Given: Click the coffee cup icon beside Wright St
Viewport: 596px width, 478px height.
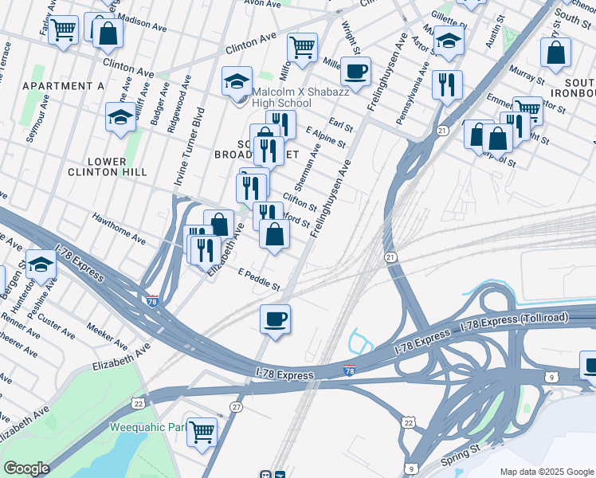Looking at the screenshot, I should (x=355, y=71).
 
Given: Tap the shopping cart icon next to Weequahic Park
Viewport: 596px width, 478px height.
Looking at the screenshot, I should (x=202, y=431).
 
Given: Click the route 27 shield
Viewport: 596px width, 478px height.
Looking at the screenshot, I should (x=236, y=407).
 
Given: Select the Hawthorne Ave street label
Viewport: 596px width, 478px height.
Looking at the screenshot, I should (x=118, y=228).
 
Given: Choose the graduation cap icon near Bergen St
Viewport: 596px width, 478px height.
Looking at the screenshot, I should (x=41, y=265).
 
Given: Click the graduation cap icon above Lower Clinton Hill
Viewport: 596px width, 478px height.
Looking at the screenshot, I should (x=120, y=117).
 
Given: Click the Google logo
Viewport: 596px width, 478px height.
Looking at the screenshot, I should (x=26, y=468).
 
